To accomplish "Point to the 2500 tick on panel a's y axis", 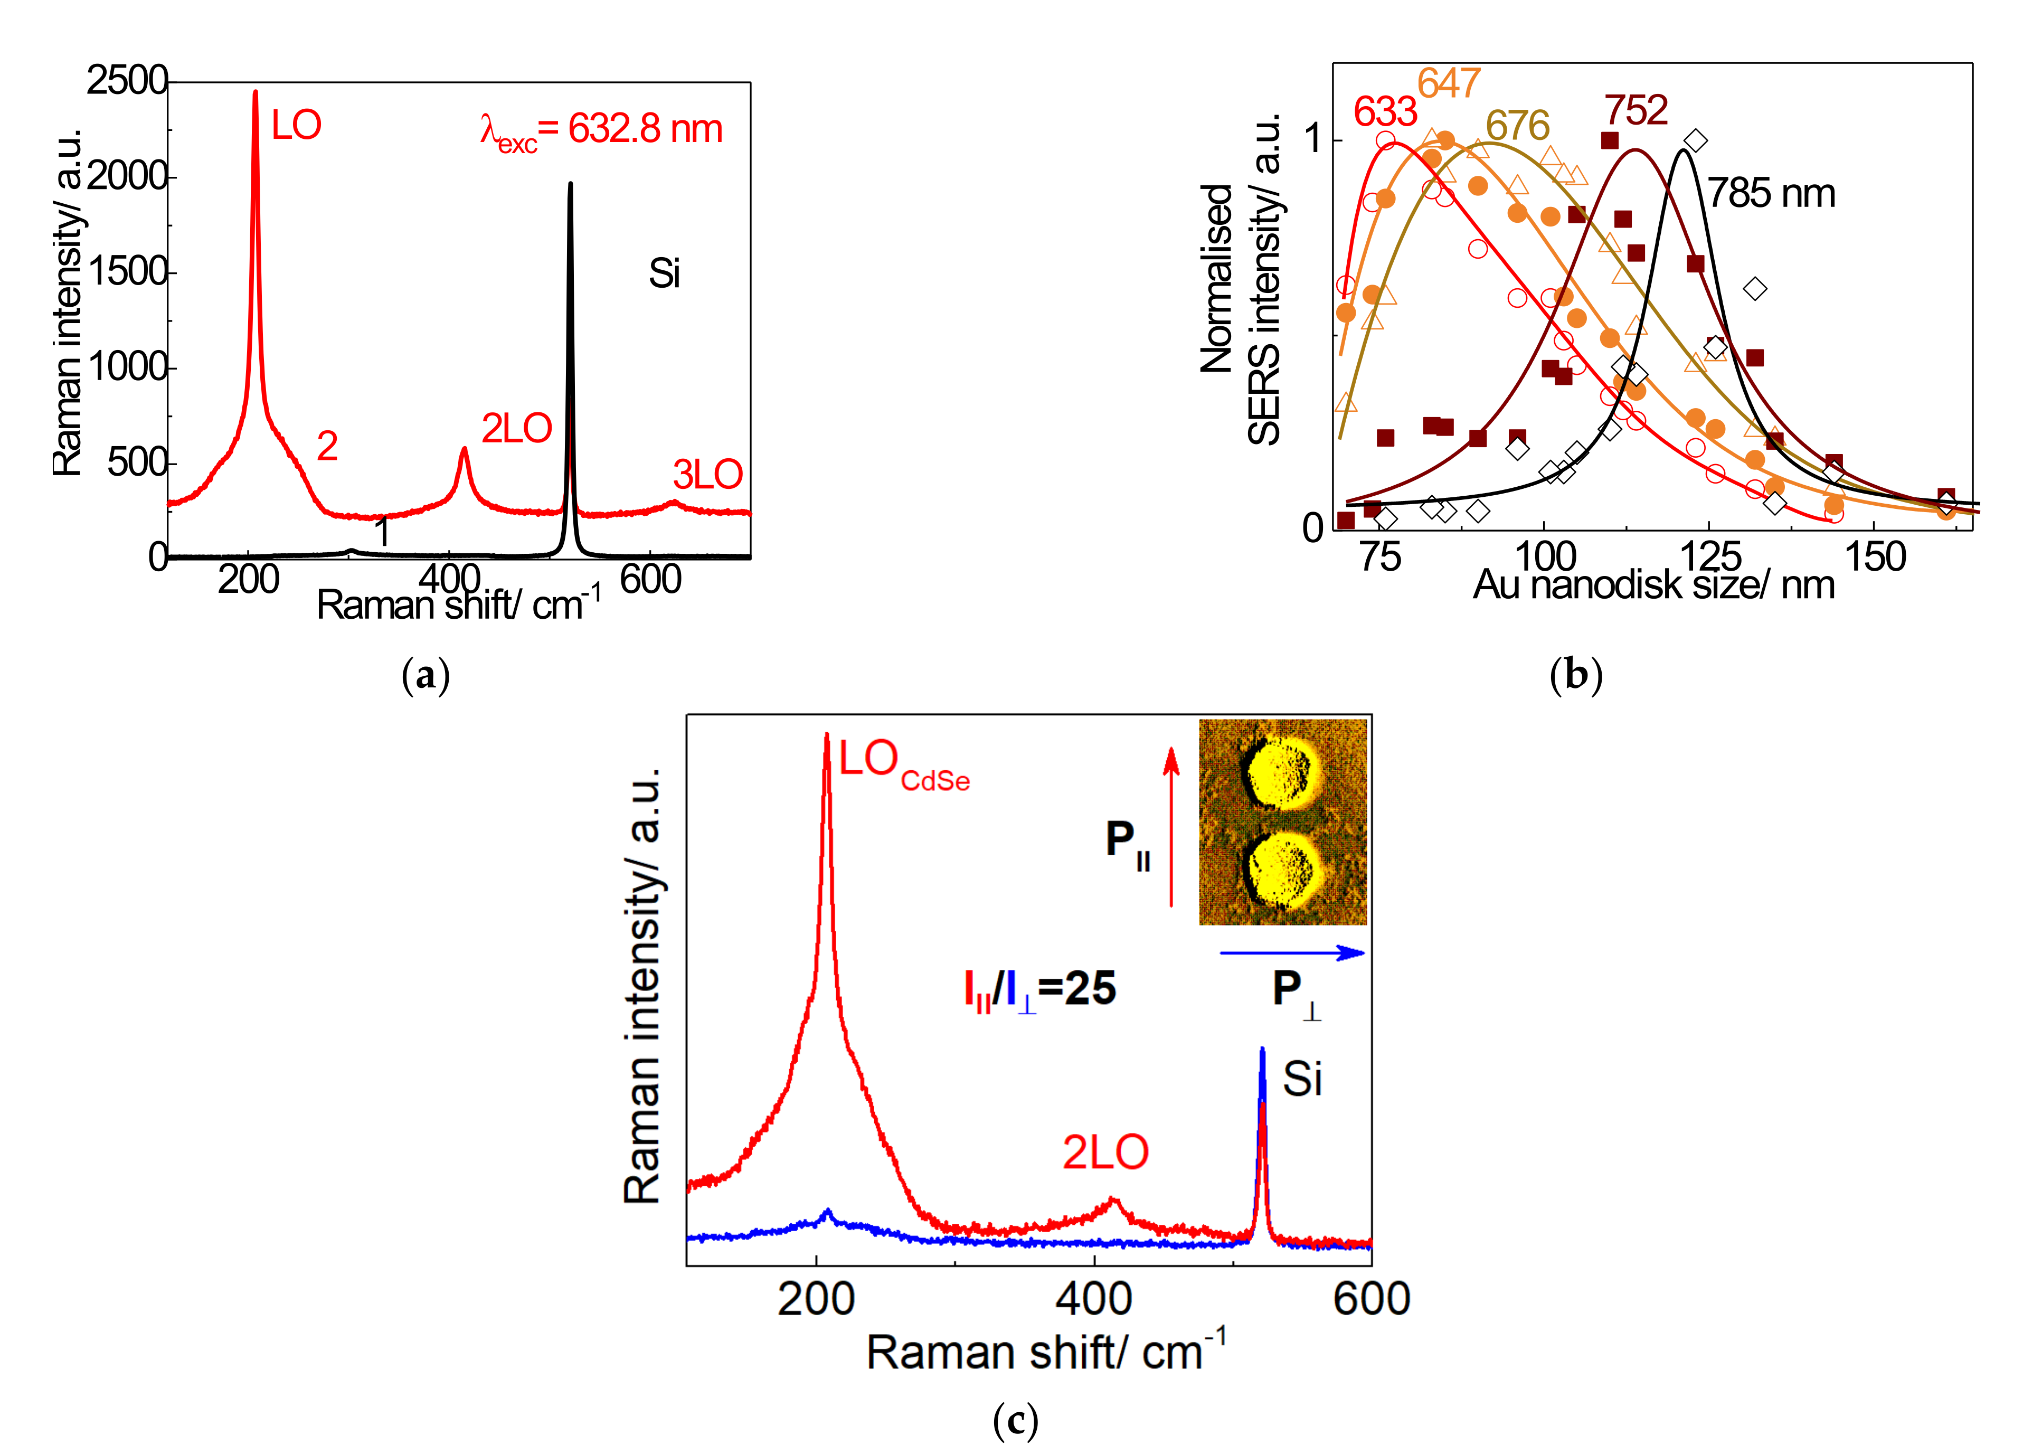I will click(127, 81).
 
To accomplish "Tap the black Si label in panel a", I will click(664, 274).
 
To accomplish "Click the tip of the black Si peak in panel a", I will click(570, 185).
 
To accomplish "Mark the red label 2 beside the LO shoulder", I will click(327, 446).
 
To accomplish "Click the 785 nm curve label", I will click(1771, 194).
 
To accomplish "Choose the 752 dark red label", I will click(1636, 111).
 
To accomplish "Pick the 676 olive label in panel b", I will click(1517, 126).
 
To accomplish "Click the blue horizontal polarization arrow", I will click(1291, 953).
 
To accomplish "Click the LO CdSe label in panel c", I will click(901, 763).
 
